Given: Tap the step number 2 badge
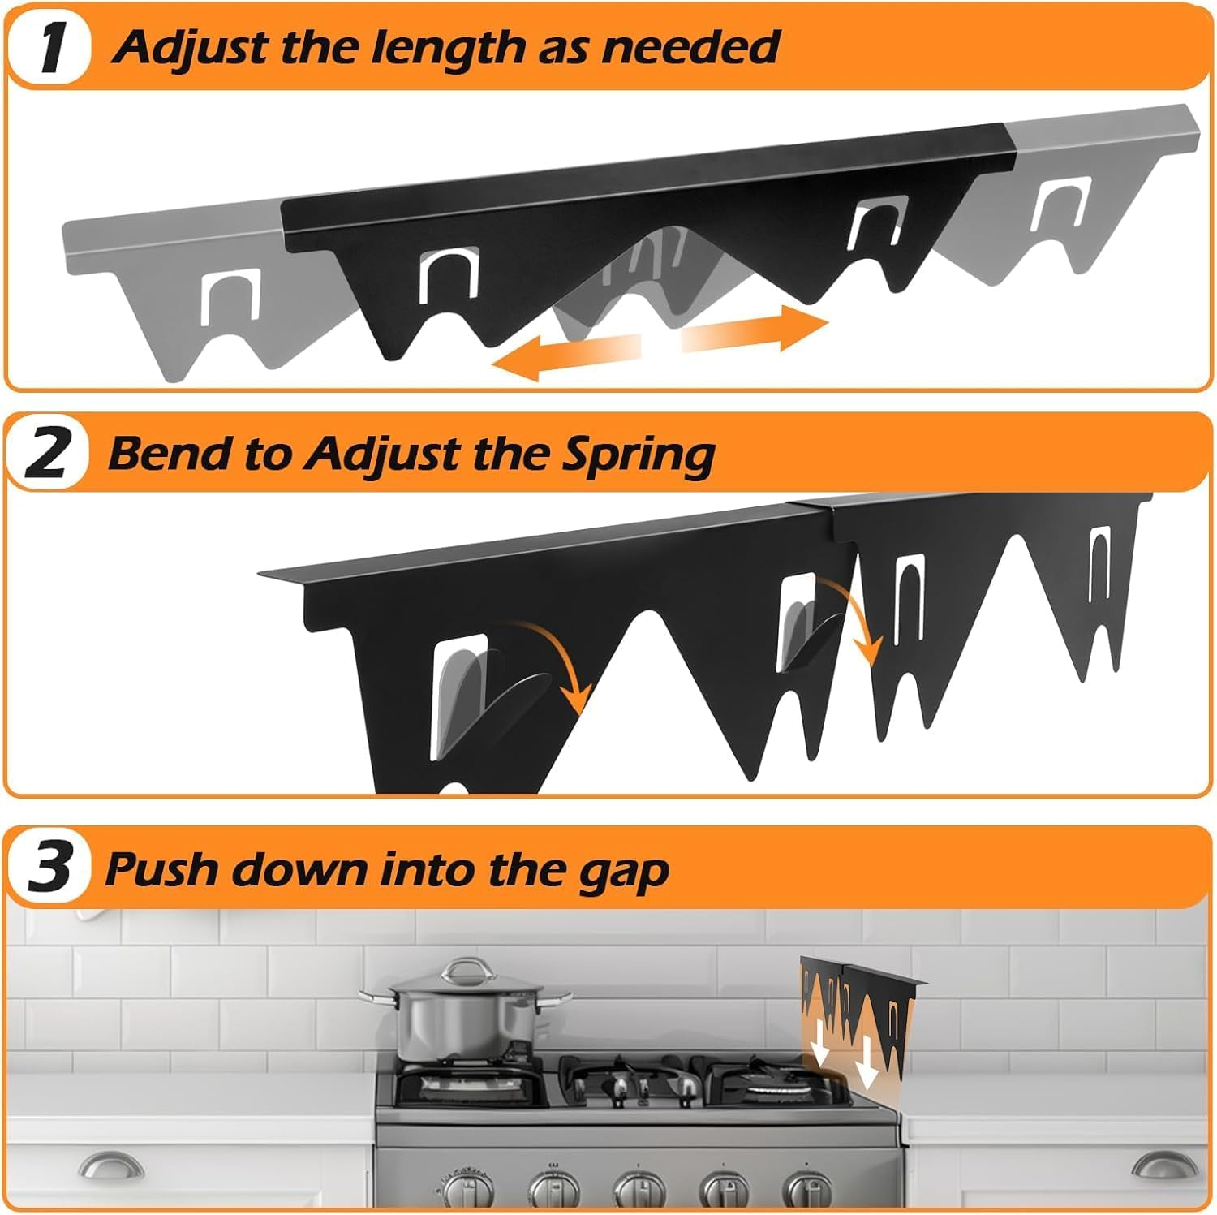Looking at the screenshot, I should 49,455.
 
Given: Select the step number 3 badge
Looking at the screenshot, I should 50,868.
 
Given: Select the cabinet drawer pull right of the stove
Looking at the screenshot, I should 1163,1165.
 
